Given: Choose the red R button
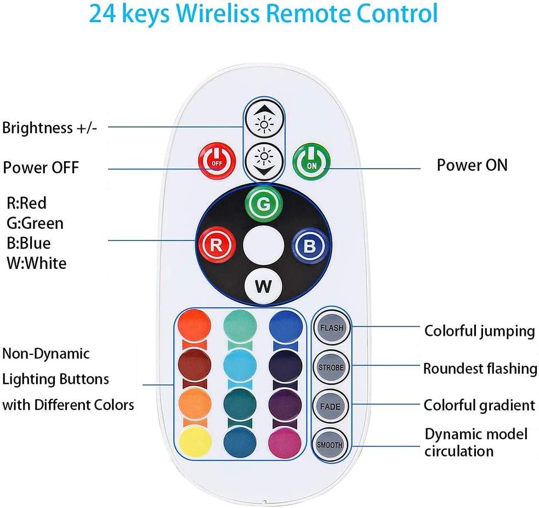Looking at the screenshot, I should point(217,245).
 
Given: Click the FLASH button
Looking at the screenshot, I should point(332,328).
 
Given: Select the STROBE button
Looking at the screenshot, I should point(332,368).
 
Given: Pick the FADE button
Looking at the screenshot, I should point(332,407).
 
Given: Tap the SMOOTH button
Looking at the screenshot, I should point(332,445).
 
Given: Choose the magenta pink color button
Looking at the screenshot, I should point(286,443).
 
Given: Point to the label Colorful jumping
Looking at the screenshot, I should point(479,331).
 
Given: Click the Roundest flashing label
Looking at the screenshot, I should point(480,368).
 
